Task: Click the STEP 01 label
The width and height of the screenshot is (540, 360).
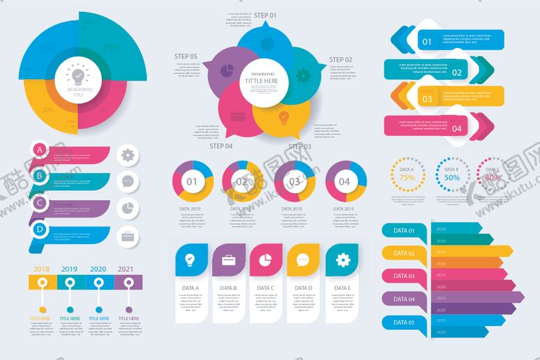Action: pyautogui.click(x=265, y=15)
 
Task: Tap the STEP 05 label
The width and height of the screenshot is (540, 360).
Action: pyautogui.click(x=186, y=56)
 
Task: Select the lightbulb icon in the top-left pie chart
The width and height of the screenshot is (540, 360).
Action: pyautogui.click(x=77, y=74)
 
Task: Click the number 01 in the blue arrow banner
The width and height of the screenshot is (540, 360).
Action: pyautogui.click(x=427, y=42)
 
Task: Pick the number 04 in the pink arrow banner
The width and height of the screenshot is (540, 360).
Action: pyautogui.click(x=457, y=129)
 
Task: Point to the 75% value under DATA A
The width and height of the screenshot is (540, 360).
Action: pyautogui.click(x=407, y=178)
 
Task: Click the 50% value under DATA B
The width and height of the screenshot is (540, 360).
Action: pyautogui.click(x=452, y=178)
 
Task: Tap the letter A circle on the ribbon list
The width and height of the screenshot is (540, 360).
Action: pyautogui.click(x=40, y=150)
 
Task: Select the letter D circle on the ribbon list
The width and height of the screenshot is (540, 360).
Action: pyautogui.click(x=40, y=229)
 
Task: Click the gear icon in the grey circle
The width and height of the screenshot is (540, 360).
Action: pyautogui.click(x=128, y=155)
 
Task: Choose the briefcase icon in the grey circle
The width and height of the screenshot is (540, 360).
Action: pyautogui.click(x=128, y=236)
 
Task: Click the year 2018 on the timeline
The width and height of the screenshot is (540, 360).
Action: pyautogui.click(x=42, y=269)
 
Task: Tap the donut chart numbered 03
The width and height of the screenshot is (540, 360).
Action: pyautogui.click(x=295, y=182)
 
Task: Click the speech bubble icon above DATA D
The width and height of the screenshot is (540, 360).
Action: pyautogui.click(x=303, y=261)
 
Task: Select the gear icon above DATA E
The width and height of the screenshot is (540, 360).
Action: pyautogui.click(x=341, y=261)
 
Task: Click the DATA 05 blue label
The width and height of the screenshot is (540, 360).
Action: pyautogui.click(x=404, y=322)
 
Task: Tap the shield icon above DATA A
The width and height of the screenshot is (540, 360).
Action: pyautogui.click(x=190, y=261)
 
